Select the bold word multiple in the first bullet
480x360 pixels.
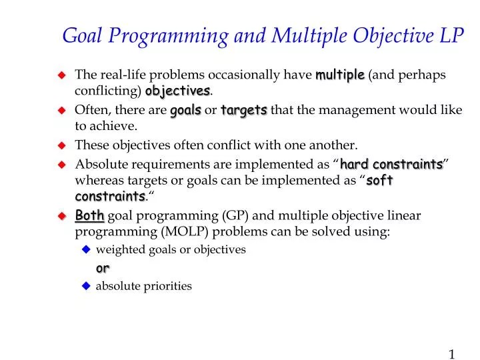(x=340, y=75)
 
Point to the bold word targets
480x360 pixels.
(x=244, y=110)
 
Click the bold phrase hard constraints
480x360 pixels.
(x=391, y=164)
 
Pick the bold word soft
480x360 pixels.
(x=379, y=181)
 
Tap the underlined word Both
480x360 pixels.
(x=89, y=215)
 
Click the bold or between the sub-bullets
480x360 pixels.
(x=103, y=268)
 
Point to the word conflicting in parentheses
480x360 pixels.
(x=108, y=91)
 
